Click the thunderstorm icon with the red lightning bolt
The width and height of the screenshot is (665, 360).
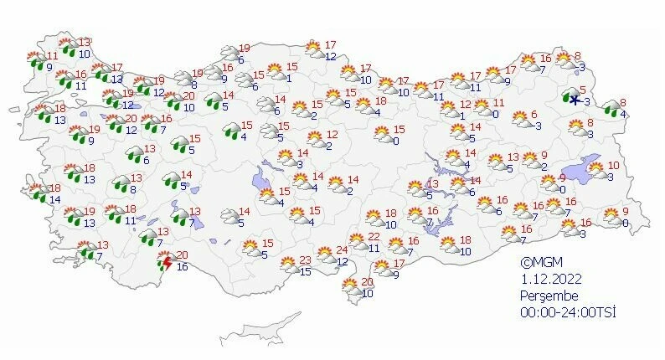pyautogui.click(x=166, y=263)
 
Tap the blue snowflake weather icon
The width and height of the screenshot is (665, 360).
pyautogui.click(x=575, y=98)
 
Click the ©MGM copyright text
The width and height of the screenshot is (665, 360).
pyautogui.click(x=538, y=262)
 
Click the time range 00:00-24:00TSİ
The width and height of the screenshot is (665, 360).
pyautogui.click(x=568, y=312)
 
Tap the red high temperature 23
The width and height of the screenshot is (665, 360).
pyautogui.click(x=306, y=260)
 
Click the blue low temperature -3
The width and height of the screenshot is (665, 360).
pyautogui.click(x=587, y=102)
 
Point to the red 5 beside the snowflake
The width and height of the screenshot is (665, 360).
pyautogui.click(x=581, y=89)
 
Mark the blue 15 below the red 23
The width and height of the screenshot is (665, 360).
pyautogui.click(x=306, y=271)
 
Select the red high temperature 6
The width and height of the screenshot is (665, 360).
pyautogui.click(x=534, y=115)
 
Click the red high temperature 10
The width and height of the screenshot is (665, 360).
pyautogui.click(x=613, y=166)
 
